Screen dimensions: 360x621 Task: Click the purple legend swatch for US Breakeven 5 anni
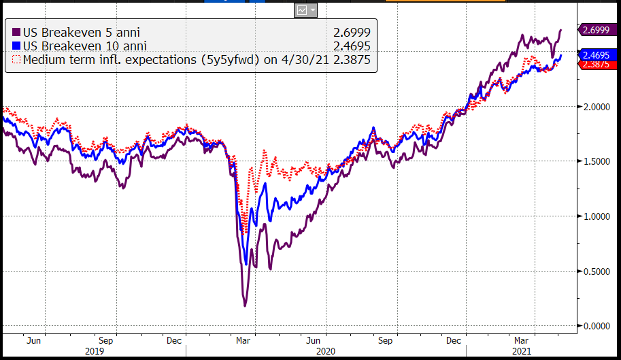pyautogui.click(x=17, y=31)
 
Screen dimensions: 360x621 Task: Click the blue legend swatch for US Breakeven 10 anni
pyautogui.click(x=17, y=46)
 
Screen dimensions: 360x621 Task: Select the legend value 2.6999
pyautogui.click(x=351, y=31)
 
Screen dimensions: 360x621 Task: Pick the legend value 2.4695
pyautogui.click(x=351, y=46)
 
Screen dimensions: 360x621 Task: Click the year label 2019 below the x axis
pyautogui.click(x=93, y=351)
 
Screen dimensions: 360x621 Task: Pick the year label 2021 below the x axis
pyautogui.click(x=520, y=351)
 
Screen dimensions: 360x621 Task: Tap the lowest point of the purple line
pyautogui.click(x=245, y=306)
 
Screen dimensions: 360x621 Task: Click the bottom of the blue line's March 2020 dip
pyautogui.click(x=246, y=264)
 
